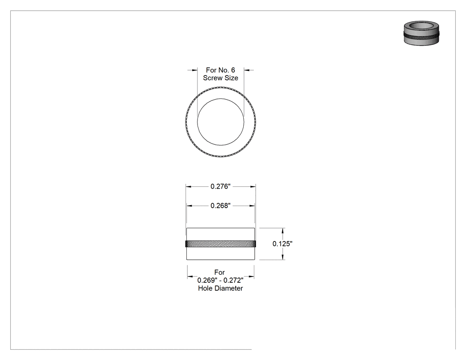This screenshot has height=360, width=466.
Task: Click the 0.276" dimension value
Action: click(x=221, y=186)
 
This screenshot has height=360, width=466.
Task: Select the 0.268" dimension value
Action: click(x=221, y=206)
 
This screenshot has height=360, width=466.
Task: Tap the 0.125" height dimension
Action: click(x=282, y=244)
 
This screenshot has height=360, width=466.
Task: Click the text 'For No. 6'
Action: click(x=221, y=70)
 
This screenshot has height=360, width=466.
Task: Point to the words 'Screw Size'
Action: click(x=221, y=78)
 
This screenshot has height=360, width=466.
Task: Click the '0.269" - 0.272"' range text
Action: click(x=221, y=281)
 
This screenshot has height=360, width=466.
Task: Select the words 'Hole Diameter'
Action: click(x=221, y=289)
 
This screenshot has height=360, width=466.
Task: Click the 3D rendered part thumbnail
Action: click(x=422, y=33)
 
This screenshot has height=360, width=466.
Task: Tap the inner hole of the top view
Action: click(x=221, y=122)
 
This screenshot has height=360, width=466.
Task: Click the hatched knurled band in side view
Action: click(x=221, y=244)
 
